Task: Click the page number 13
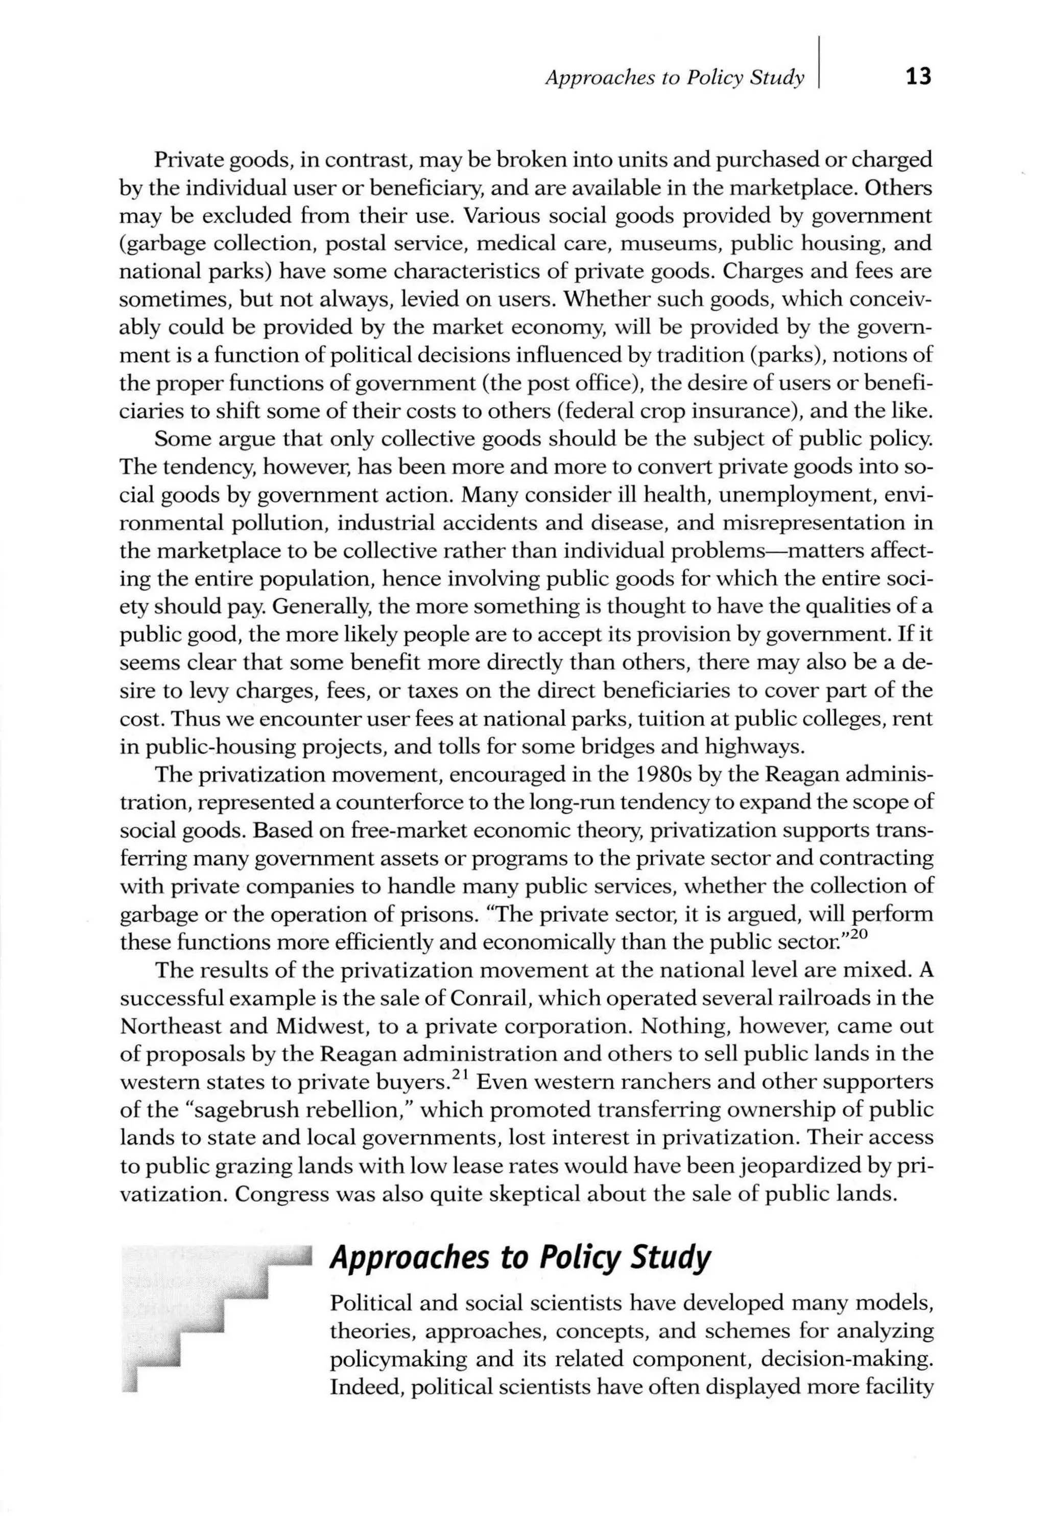click(x=917, y=77)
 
